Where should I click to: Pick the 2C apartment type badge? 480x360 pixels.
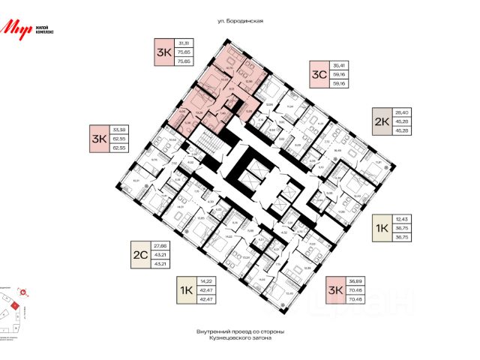pos(139,253)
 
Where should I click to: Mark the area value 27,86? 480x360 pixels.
pos(160,246)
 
